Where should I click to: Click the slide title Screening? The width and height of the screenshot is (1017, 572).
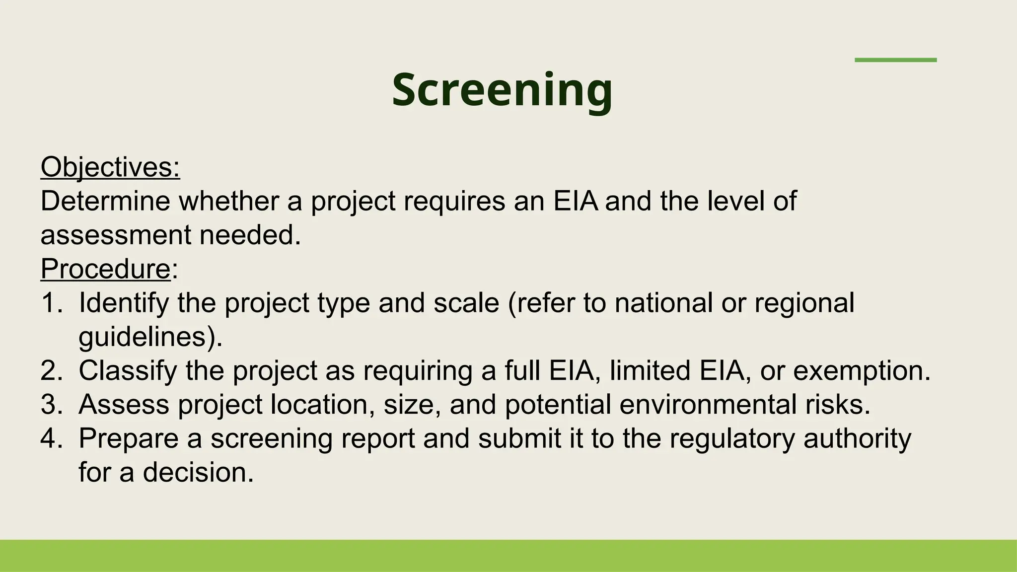point(502,90)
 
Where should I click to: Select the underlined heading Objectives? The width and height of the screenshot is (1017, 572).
point(110,167)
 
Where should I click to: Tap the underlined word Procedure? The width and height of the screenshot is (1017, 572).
point(106,269)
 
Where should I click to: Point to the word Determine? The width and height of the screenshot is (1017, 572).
point(105,201)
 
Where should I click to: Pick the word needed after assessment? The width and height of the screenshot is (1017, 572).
point(250,235)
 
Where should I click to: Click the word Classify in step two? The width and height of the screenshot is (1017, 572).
point(128,370)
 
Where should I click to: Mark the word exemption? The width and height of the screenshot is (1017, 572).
point(861,370)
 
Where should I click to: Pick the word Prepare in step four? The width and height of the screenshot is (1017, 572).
point(129,438)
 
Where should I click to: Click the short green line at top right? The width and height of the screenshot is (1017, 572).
point(895,60)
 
